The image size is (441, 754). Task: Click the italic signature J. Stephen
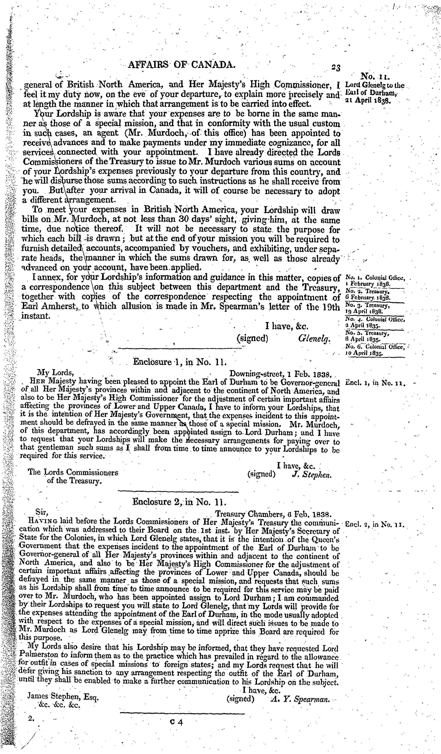point(311,474)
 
